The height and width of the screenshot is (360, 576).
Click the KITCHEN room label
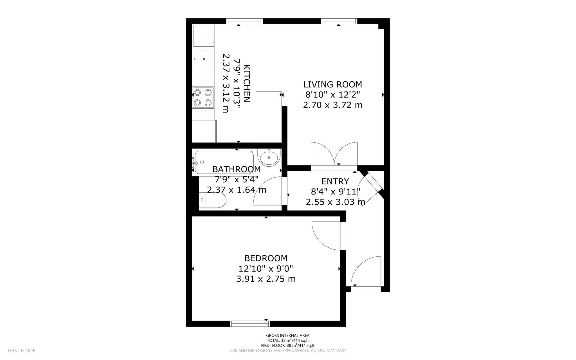click(246, 83)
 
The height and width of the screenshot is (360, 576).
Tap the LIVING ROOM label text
click(333, 84)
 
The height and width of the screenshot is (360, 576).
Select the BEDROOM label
click(266, 258)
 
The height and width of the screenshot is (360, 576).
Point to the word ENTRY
click(335, 181)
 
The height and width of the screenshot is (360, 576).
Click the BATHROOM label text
click(236, 169)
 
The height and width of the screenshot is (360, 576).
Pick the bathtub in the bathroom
click(224, 162)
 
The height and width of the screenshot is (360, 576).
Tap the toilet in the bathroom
click(212, 200)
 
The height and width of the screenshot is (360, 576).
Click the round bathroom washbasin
click(269, 158)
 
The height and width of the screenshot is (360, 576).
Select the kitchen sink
click(204, 59)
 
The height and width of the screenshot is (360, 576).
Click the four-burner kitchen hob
click(203, 97)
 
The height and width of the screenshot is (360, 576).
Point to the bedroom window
click(250, 324)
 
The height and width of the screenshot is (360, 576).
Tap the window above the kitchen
click(244, 21)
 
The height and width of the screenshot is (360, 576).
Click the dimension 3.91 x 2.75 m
click(266, 279)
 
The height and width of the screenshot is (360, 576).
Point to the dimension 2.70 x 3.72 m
click(333, 105)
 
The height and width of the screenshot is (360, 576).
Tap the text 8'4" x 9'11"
click(335, 192)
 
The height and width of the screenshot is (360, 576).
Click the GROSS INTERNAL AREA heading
click(288, 335)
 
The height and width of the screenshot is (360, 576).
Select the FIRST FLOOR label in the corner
click(22, 350)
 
